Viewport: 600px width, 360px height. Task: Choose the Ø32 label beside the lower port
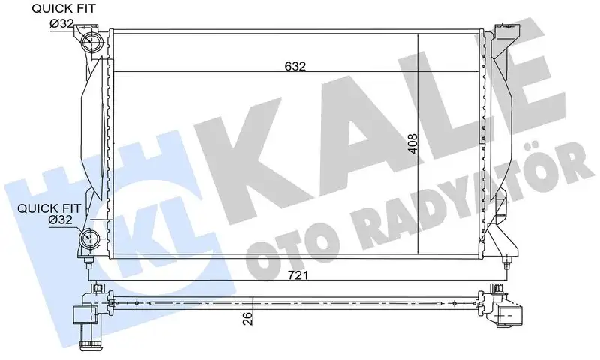click(60, 221)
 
